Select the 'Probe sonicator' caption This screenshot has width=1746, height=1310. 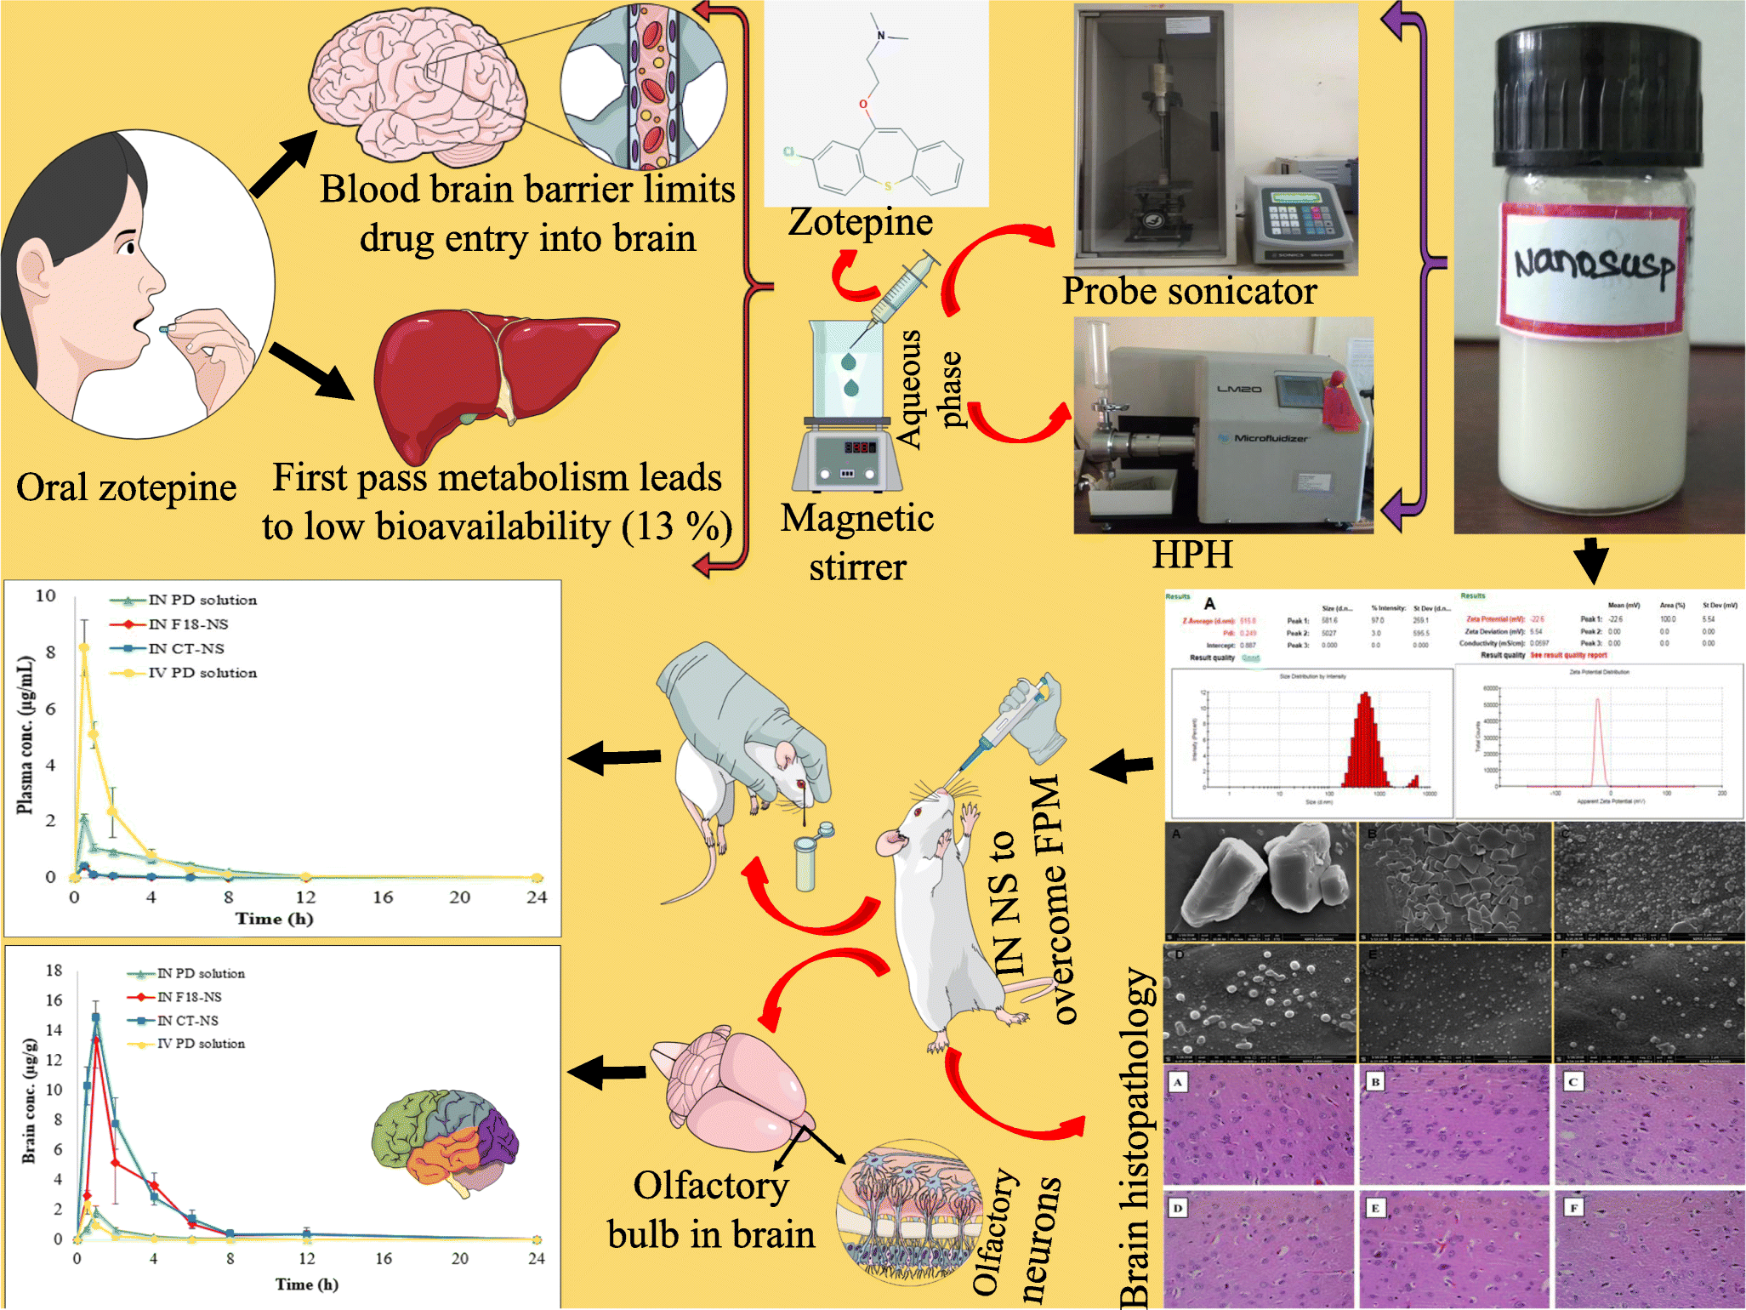coord(1189,292)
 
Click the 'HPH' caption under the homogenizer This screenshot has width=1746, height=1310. coord(1192,555)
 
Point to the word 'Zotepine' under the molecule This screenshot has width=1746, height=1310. coord(860,223)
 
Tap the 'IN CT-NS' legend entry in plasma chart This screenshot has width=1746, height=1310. coord(186,649)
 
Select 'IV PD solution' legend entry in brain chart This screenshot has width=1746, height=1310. coord(201,1044)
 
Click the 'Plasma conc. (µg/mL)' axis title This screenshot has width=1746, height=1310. coord(26,735)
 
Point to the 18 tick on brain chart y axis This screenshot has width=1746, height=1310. coord(54,971)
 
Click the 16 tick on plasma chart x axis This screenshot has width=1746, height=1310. coord(383,897)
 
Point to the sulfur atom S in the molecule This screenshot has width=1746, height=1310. coord(888,185)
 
